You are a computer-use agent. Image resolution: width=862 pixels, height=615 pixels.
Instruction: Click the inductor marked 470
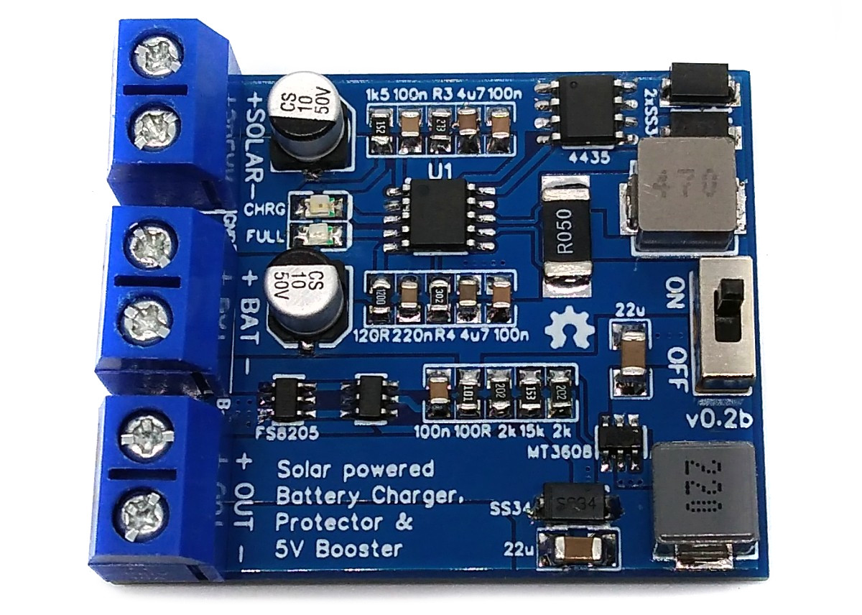click(x=686, y=188)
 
